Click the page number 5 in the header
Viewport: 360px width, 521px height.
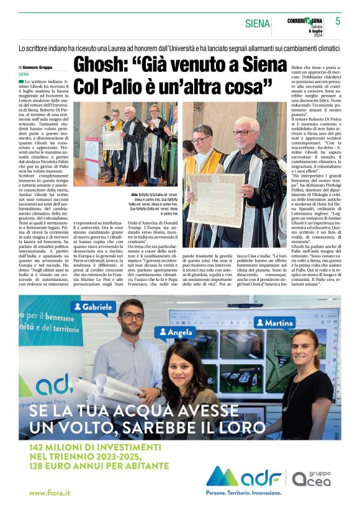pos(338,21)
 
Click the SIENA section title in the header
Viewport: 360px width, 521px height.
pos(257,24)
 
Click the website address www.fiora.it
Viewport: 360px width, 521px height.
pos(50,492)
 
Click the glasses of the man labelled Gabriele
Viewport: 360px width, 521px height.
pos(132,316)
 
